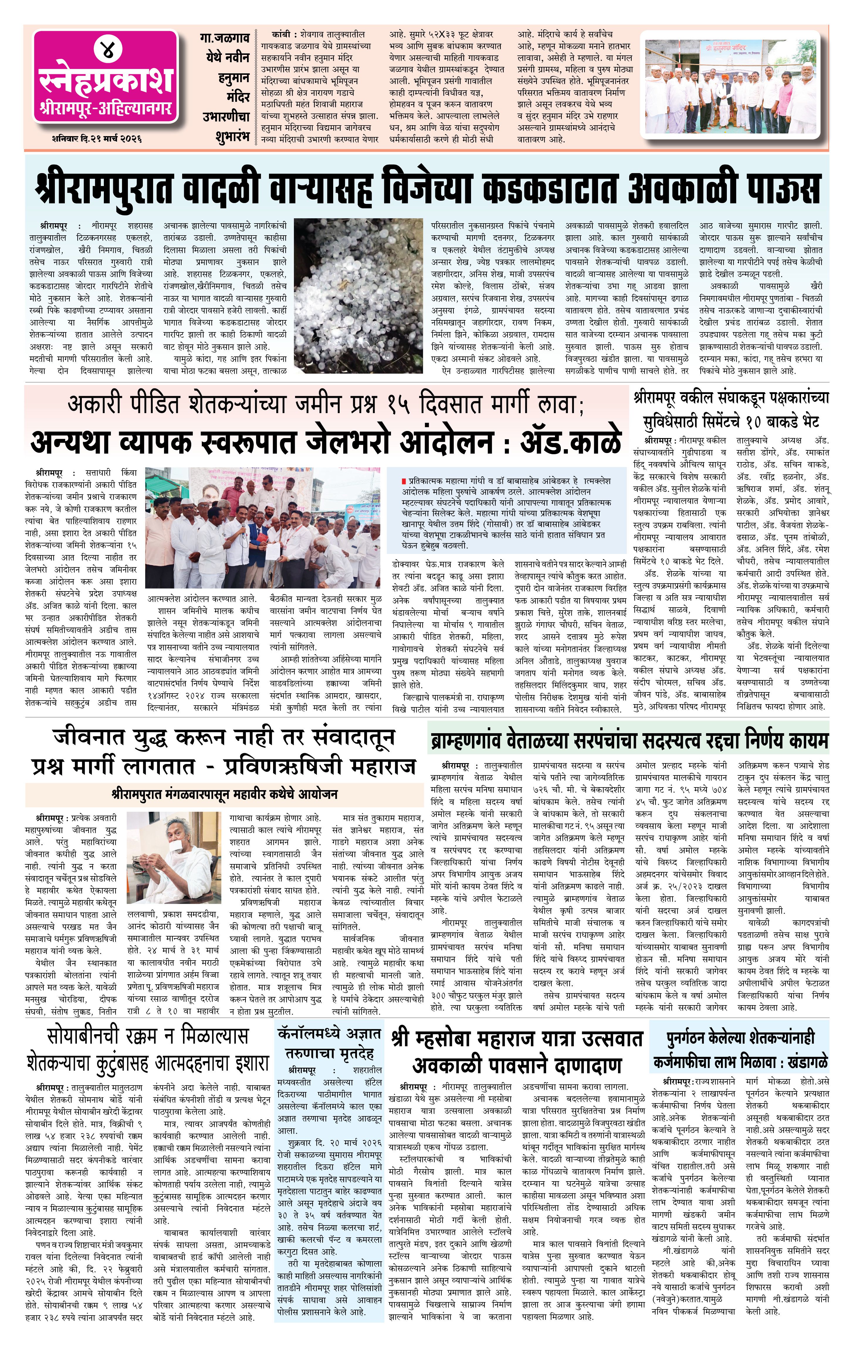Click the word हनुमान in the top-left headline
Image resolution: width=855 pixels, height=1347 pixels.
point(234,77)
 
